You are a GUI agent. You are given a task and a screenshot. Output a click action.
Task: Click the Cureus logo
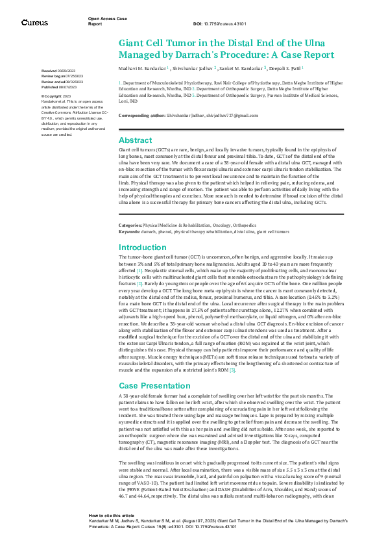pyautogui.click(x=34, y=22)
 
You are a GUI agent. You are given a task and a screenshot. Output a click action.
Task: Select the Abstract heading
pyautogui.click(x=135, y=140)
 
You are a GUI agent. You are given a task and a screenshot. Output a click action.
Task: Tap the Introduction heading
pyautogui.click(x=143, y=247)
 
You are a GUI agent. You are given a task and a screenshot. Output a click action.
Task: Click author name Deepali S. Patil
pyautogui.click(x=280, y=68)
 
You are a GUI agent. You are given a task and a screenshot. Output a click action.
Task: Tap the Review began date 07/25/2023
pyautogui.click(x=63, y=75)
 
